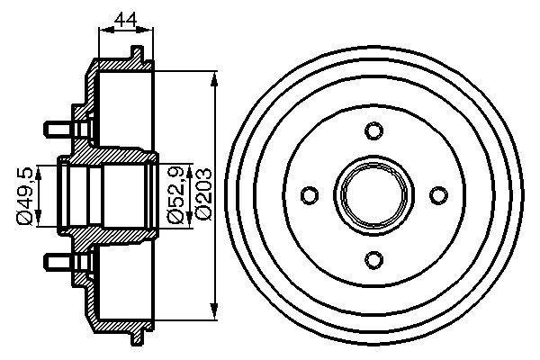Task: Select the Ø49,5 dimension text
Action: pos(26,193)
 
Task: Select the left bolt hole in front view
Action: pos(309,195)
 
